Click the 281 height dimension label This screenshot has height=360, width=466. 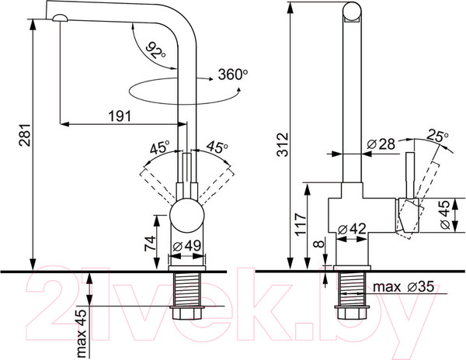(25, 134)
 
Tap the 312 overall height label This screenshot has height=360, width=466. (283, 144)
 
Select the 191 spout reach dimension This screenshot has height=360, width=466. (120, 116)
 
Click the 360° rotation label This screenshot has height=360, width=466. (233, 74)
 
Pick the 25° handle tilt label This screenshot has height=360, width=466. (437, 136)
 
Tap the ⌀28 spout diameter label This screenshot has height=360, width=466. (381, 144)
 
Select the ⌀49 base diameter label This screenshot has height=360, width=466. (187, 246)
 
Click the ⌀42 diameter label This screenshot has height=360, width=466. (352, 229)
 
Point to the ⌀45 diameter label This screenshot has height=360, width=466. (445, 214)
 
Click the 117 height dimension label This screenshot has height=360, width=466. (301, 224)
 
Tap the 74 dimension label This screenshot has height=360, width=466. (150, 244)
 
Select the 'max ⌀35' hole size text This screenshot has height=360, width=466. (403, 287)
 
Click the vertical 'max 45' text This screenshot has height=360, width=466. (81, 333)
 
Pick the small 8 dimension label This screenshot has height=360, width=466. (319, 244)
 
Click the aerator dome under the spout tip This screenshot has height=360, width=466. (60, 18)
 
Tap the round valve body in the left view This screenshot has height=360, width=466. (186, 216)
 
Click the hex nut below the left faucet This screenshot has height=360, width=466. (186, 313)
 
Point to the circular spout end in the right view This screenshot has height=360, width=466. (352, 12)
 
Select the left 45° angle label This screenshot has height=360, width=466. (159, 148)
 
